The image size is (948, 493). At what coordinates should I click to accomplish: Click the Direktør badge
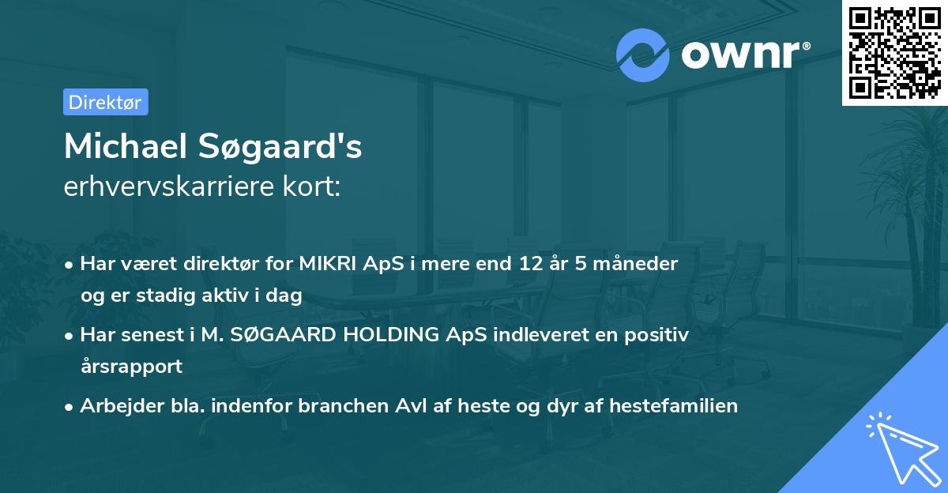pos(105,102)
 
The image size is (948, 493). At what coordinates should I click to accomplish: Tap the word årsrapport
pos(131,367)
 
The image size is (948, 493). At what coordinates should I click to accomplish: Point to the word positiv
pos(660,335)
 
